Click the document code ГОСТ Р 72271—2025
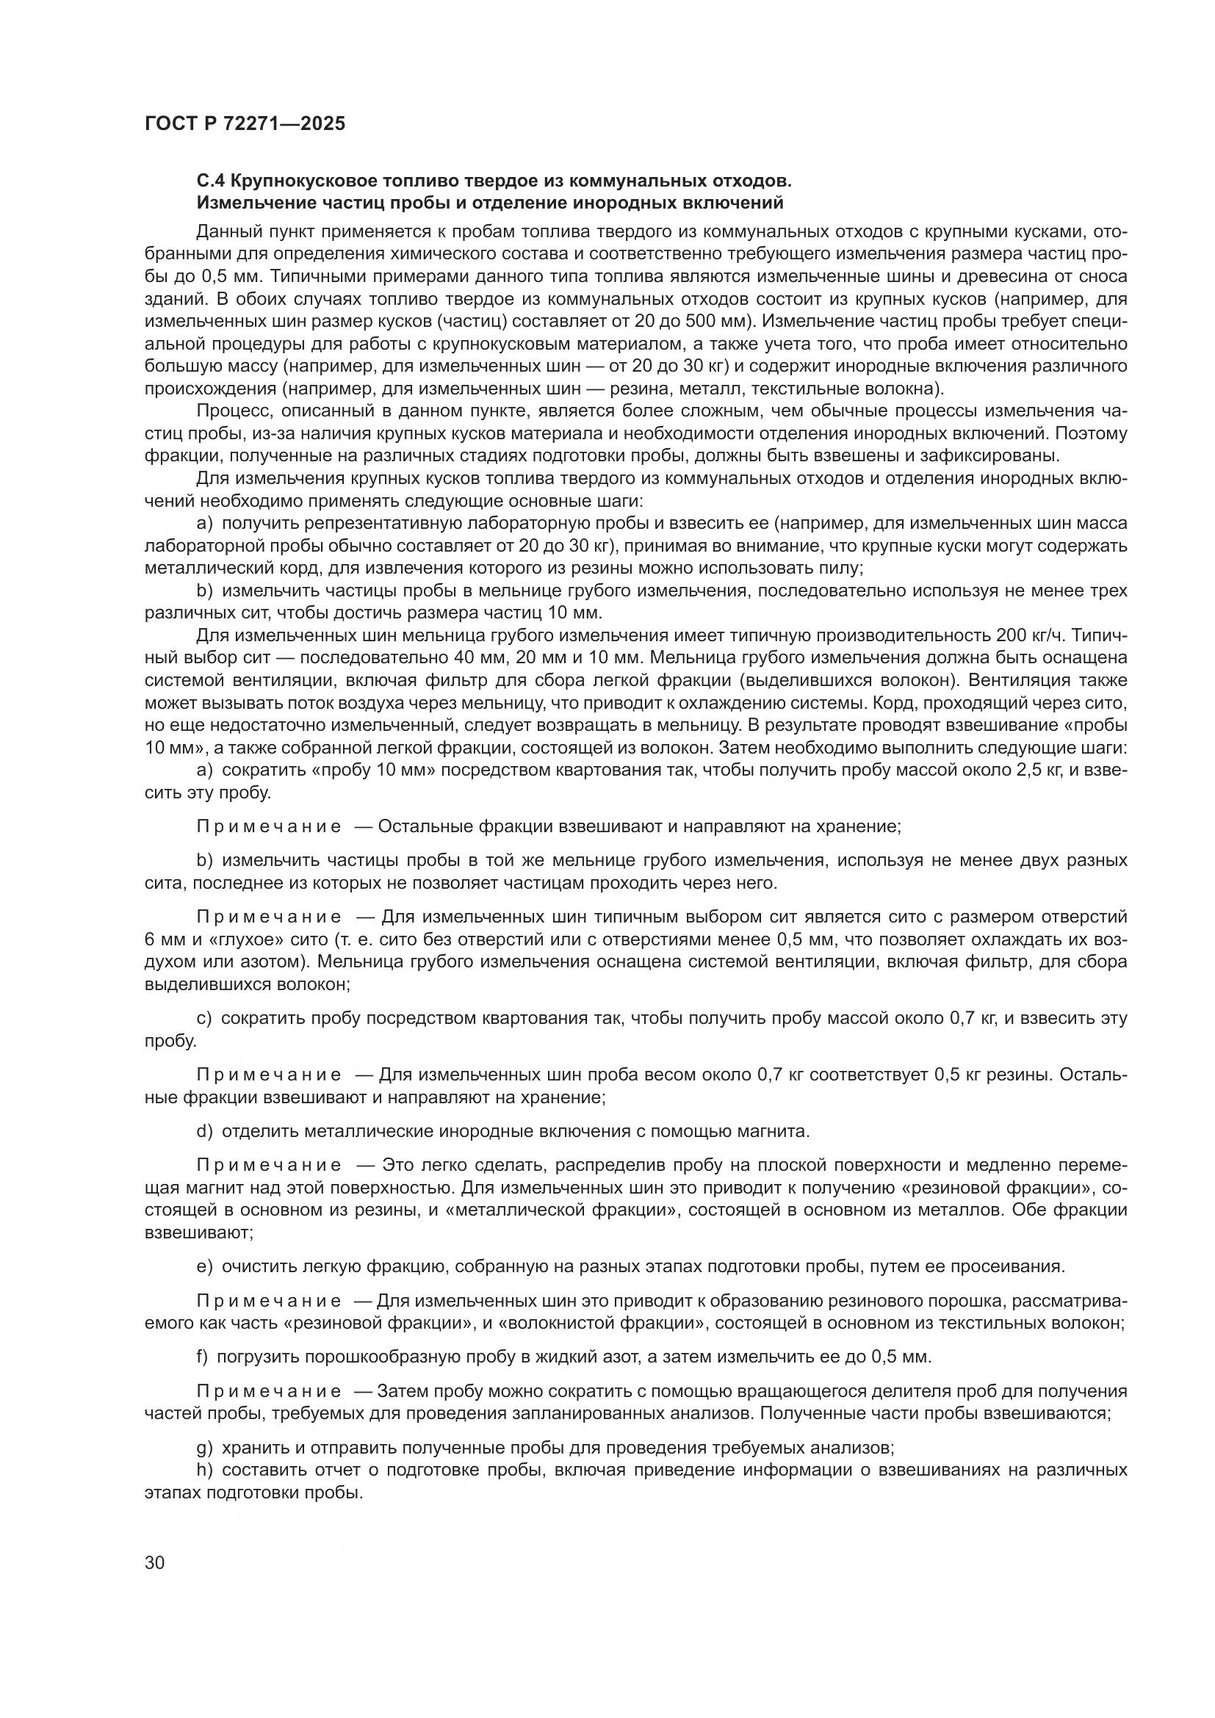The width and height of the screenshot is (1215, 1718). click(245, 123)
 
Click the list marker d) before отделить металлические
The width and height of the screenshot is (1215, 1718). click(204, 1130)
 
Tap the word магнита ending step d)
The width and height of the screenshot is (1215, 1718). click(778, 1130)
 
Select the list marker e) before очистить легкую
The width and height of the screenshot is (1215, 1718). click(204, 1266)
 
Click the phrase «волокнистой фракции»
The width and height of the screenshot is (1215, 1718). click(607, 1322)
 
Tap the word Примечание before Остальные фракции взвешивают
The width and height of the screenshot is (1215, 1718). click(269, 826)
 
